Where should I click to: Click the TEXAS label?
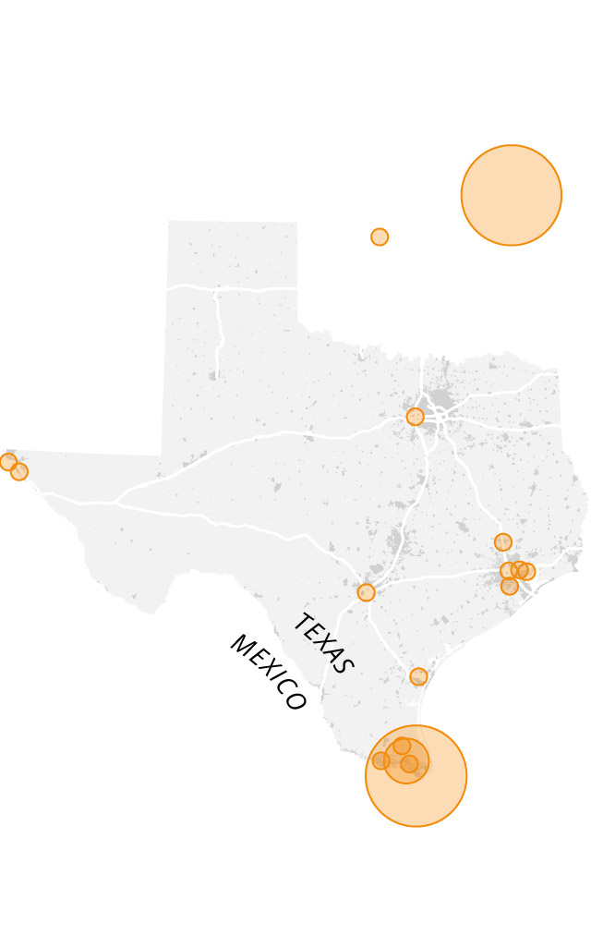(x=322, y=644)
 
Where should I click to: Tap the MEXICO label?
(x=267, y=673)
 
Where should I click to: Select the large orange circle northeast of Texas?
(x=512, y=195)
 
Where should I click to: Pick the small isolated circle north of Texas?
(x=380, y=237)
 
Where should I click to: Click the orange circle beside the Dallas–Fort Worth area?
(x=416, y=417)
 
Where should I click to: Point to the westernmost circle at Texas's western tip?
(x=8, y=462)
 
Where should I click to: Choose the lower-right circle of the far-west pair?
(x=19, y=472)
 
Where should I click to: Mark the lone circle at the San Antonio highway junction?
(x=367, y=592)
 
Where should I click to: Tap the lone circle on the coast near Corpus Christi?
(x=418, y=676)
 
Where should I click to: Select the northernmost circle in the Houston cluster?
(x=503, y=541)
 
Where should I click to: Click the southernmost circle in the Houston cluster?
(x=510, y=586)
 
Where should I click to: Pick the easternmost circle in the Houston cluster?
(x=527, y=571)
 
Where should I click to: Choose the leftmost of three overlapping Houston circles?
(x=508, y=570)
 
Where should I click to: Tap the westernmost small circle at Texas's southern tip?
(x=381, y=760)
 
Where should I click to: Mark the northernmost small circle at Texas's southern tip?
(x=402, y=746)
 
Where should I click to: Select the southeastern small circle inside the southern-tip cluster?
(x=410, y=764)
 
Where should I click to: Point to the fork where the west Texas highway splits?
(x=115, y=503)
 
